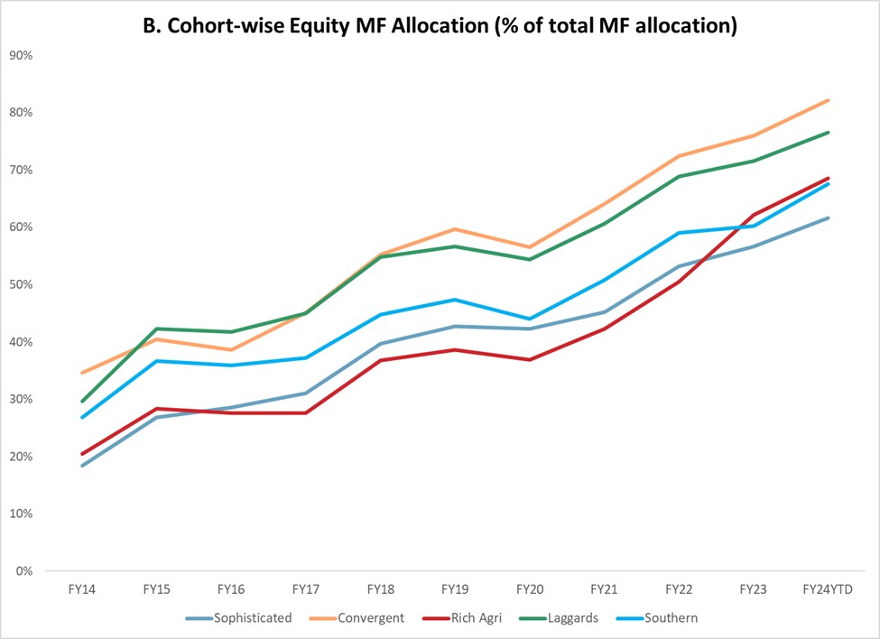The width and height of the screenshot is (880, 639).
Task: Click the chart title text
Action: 440,26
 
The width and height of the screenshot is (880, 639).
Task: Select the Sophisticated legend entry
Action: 252,618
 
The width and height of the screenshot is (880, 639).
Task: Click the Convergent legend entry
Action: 371,618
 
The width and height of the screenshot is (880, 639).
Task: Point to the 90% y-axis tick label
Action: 21,55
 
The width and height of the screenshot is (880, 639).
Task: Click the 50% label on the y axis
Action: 21,284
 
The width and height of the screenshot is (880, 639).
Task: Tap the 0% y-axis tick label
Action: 24,571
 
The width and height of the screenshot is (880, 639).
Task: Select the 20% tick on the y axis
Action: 21,457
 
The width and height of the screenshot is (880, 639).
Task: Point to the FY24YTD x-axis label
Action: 828,589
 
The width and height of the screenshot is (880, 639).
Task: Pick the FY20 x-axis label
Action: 530,589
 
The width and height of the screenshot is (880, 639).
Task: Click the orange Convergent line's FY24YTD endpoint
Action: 828,100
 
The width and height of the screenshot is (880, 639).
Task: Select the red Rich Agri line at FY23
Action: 754,215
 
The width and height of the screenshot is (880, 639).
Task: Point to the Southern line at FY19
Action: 455,300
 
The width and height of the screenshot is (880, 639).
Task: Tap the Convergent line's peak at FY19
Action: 455,229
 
